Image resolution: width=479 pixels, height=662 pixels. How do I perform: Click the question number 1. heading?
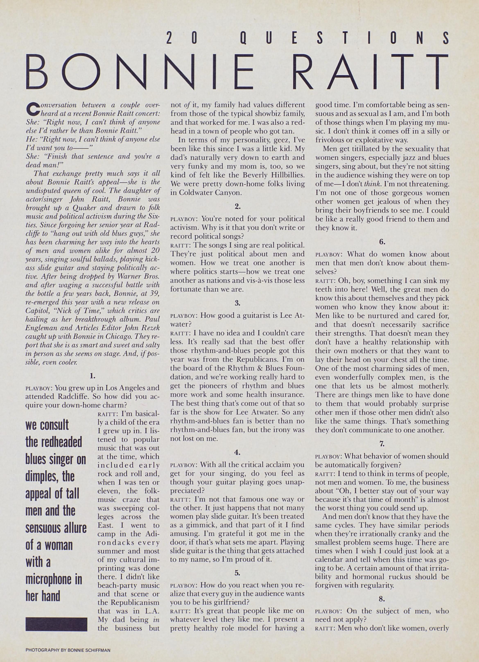(93, 376)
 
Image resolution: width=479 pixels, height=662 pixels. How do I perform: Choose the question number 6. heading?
(382, 242)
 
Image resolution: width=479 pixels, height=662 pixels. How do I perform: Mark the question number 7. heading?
(382, 444)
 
